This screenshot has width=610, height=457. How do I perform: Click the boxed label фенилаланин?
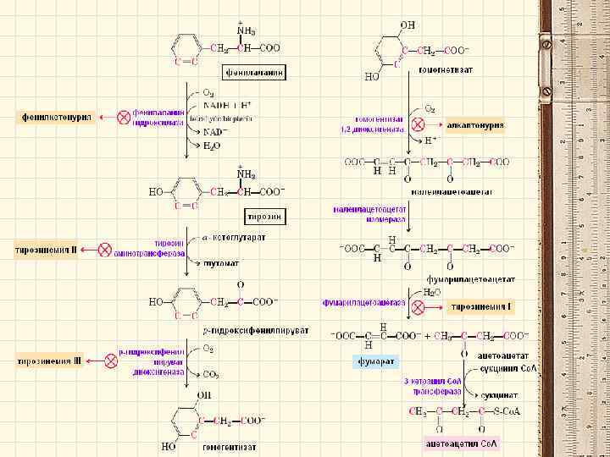[254, 72]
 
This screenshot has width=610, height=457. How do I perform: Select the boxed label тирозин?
[264, 217]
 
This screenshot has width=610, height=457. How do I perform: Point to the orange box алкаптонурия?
[474, 124]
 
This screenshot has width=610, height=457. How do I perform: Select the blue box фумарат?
[374, 361]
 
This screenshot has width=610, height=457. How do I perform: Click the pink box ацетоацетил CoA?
[462, 443]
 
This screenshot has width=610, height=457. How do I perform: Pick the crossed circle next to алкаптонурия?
[417, 124]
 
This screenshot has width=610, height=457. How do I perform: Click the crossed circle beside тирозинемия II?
[105, 250]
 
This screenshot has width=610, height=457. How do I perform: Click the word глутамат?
[222, 263]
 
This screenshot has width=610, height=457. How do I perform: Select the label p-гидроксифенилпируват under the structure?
[255, 329]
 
